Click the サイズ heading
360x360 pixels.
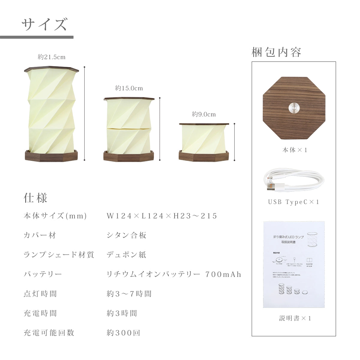pos(44,24)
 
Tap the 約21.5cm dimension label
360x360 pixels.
pos(52,57)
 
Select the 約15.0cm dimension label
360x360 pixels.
pos(129,88)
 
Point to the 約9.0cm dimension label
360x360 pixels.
pos(204,114)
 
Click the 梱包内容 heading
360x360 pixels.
pos(276,52)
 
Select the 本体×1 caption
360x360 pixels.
pos(295,150)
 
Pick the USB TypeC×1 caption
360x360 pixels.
pos(294,202)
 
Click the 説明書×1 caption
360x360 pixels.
pos(295,318)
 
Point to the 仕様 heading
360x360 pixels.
pos(35,198)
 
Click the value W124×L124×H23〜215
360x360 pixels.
pos(162,216)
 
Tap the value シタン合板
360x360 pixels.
pos(126,235)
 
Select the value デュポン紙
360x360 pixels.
pos(126,255)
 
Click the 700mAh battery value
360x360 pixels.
pos(223,274)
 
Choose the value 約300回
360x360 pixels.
pos(123,333)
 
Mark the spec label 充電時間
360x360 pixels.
pos(40,313)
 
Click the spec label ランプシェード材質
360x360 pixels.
pos(59,255)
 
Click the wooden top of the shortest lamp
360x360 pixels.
pos(204,124)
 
